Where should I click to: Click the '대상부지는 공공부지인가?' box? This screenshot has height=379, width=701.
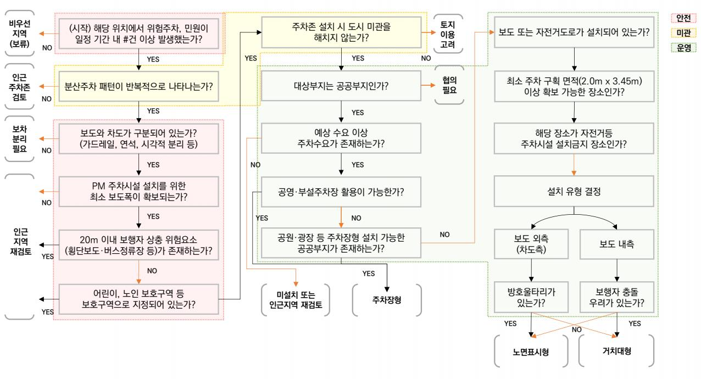point(342,86)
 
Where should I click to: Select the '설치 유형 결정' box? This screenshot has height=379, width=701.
point(574,192)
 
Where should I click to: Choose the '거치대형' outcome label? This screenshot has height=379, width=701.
point(616,350)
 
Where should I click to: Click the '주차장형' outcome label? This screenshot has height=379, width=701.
point(387,300)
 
